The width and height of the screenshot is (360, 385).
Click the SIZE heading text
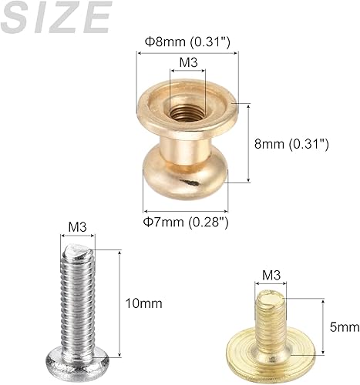pyautogui.click(x=56, y=17)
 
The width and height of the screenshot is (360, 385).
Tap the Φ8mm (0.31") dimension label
pyautogui.click(x=189, y=41)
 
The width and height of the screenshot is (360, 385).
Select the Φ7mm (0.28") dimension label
pyautogui.click(x=187, y=222)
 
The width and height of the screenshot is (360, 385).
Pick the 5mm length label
pyautogui.click(x=344, y=327)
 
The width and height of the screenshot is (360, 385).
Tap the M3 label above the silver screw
pyautogui.click(x=77, y=227)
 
